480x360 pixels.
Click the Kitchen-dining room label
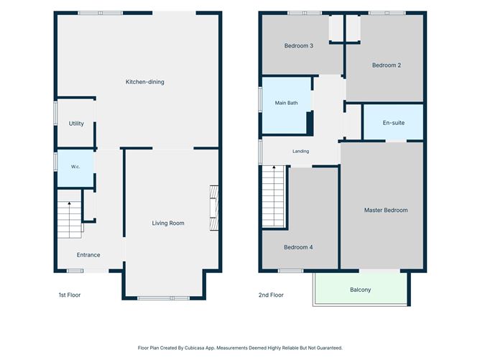point(145,82)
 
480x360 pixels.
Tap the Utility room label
point(76,124)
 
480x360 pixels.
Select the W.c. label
point(75,167)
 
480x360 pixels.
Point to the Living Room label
point(168,223)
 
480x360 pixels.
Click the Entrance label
point(88,255)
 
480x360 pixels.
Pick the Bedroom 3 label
point(298,45)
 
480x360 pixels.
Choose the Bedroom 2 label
point(387,65)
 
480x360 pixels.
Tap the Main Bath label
point(286,103)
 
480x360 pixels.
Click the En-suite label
point(393,123)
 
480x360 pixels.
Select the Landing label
point(300,151)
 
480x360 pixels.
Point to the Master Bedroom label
point(386,210)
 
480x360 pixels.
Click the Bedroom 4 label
point(298,247)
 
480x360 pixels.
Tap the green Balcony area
point(360,287)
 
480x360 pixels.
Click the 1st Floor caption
point(70,295)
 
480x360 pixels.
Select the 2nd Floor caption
point(271,295)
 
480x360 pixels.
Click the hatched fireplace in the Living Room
point(214,208)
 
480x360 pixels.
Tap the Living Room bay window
point(163,298)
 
